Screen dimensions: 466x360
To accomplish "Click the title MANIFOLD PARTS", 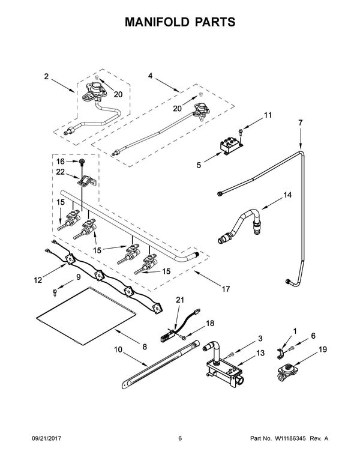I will pyautogui.click(x=179, y=22).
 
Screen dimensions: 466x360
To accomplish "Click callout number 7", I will pyautogui.click(x=301, y=123).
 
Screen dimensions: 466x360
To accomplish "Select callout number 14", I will pyautogui.click(x=287, y=195).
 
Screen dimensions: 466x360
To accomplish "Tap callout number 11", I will pyautogui.click(x=268, y=115).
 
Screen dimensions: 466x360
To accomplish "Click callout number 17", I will pyautogui.click(x=226, y=289).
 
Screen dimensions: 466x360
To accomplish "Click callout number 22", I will pyautogui.click(x=60, y=172).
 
